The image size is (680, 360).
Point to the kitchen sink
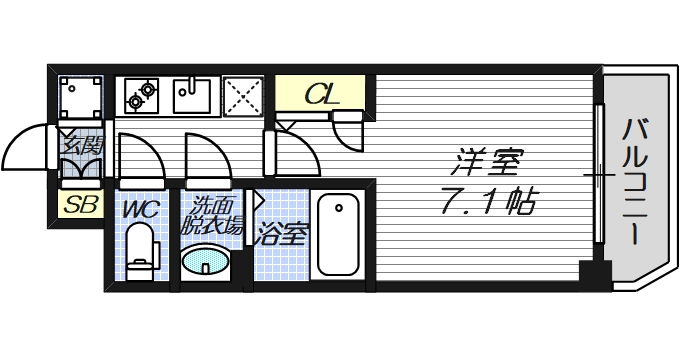tap(191, 96)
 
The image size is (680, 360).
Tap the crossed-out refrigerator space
tap(243, 95)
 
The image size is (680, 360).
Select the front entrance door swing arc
tap(28, 152)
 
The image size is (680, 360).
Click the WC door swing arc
tap(138, 158)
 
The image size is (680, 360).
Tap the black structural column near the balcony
tap(593, 271)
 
